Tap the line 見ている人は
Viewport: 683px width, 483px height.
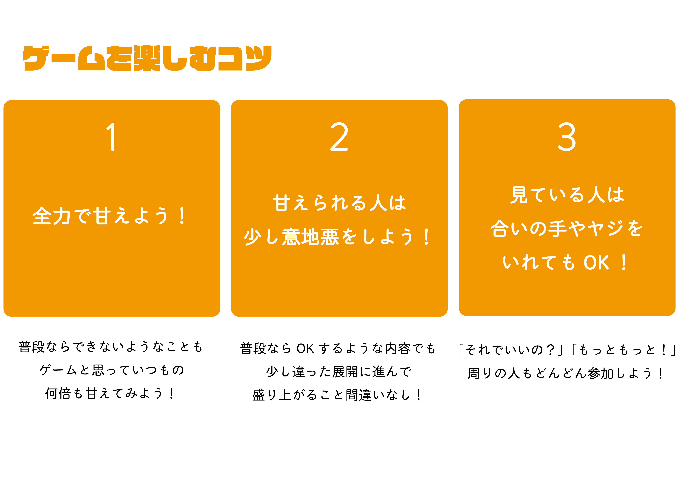(x=567, y=195)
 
